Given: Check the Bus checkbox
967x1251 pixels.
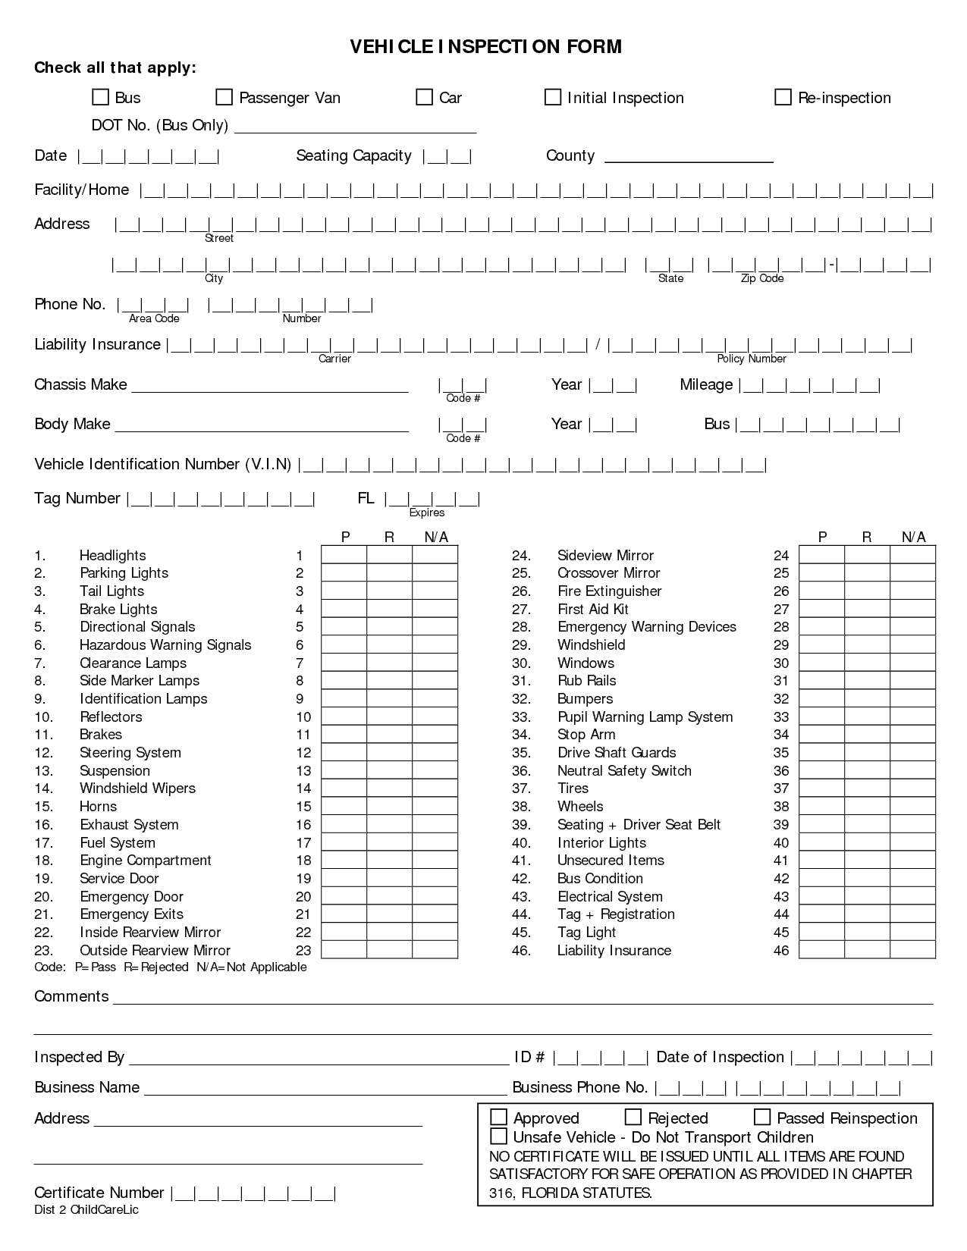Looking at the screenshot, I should coord(100,97).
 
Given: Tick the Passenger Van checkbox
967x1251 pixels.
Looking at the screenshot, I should coord(224,97).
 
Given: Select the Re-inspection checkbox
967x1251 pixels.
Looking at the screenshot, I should coord(783,97).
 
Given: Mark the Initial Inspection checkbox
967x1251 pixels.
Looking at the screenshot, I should coord(553,97).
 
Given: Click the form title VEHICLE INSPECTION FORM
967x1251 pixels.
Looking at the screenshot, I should coord(485,47).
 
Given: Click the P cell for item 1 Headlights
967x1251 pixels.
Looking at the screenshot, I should coord(344,556).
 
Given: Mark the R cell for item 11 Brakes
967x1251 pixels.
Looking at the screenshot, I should coord(390,735).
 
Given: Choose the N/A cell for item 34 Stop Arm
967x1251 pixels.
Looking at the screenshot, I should coord(913,735).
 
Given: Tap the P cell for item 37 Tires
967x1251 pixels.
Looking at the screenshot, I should coord(822,789).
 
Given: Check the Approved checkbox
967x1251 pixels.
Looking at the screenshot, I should coord(498,1117).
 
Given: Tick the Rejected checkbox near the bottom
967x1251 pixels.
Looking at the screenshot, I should coord(633,1117).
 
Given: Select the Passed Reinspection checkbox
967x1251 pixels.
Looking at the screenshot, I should coord(762,1117).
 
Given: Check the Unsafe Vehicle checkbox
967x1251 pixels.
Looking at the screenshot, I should coord(498,1136).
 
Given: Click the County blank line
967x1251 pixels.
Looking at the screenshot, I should coord(689,159).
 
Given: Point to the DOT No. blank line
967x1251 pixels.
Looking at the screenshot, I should coord(355,129).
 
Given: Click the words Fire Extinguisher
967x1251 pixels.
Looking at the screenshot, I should coord(609,591).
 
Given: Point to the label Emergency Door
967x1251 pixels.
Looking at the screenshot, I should coord(131,897).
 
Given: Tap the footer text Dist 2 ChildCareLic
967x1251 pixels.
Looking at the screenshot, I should coord(86,1210).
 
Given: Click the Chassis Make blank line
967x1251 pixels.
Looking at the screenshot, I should coord(270,388).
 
